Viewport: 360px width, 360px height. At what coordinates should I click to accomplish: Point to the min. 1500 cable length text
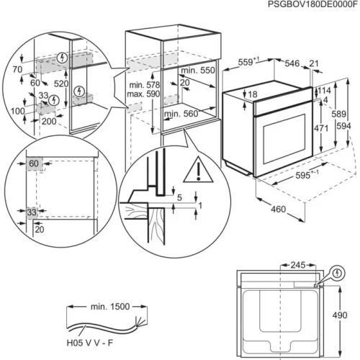(x=107, y=307)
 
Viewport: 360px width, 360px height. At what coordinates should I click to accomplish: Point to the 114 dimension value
(x=325, y=91)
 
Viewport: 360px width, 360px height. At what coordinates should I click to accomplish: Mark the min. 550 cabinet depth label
(x=197, y=71)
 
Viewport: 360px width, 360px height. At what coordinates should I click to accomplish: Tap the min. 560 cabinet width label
(x=181, y=114)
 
